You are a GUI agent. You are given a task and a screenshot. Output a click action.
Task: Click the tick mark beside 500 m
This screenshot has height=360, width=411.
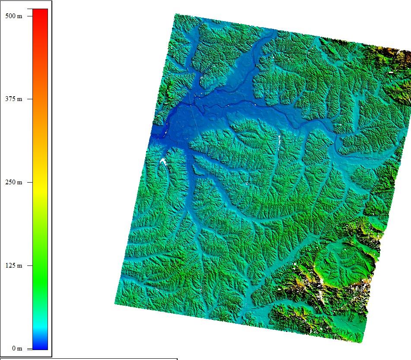pos(30,16)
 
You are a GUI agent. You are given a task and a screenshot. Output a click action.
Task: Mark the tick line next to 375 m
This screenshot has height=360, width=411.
pos(30,99)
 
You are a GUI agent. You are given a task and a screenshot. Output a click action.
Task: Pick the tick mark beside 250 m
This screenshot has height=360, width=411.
pos(30,182)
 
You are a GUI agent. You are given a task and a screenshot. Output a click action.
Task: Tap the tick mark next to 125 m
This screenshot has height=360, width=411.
pos(30,265)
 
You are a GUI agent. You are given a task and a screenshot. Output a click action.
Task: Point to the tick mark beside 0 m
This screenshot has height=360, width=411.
pos(30,348)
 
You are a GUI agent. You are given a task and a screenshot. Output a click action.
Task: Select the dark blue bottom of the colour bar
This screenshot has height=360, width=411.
pos(40,346)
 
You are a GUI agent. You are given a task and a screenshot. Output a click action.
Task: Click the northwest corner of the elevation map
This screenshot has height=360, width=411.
pos(175,14)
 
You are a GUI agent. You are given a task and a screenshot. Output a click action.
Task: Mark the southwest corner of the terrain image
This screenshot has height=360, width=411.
pos(115,303)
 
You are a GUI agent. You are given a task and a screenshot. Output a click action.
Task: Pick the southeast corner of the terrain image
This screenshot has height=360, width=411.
pos(360,342)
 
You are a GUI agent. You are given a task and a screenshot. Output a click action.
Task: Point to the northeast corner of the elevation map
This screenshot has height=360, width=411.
pos(410,51)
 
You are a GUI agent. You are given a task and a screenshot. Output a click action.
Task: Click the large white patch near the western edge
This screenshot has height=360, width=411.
pos(163,161)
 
